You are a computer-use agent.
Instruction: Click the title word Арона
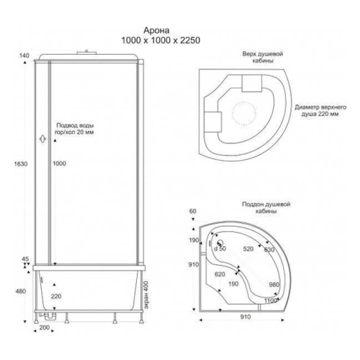[156, 30]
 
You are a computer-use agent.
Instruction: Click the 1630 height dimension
[21, 164]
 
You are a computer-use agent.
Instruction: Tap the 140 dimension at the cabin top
[24, 55]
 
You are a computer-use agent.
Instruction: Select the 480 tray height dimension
[21, 292]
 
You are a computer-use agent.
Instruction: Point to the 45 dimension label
[25, 259]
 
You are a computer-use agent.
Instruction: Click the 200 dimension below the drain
[44, 328]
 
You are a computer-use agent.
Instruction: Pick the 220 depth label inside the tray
[56, 297]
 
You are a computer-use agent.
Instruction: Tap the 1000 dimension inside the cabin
[59, 163]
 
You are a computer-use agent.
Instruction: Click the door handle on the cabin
[42, 139]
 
